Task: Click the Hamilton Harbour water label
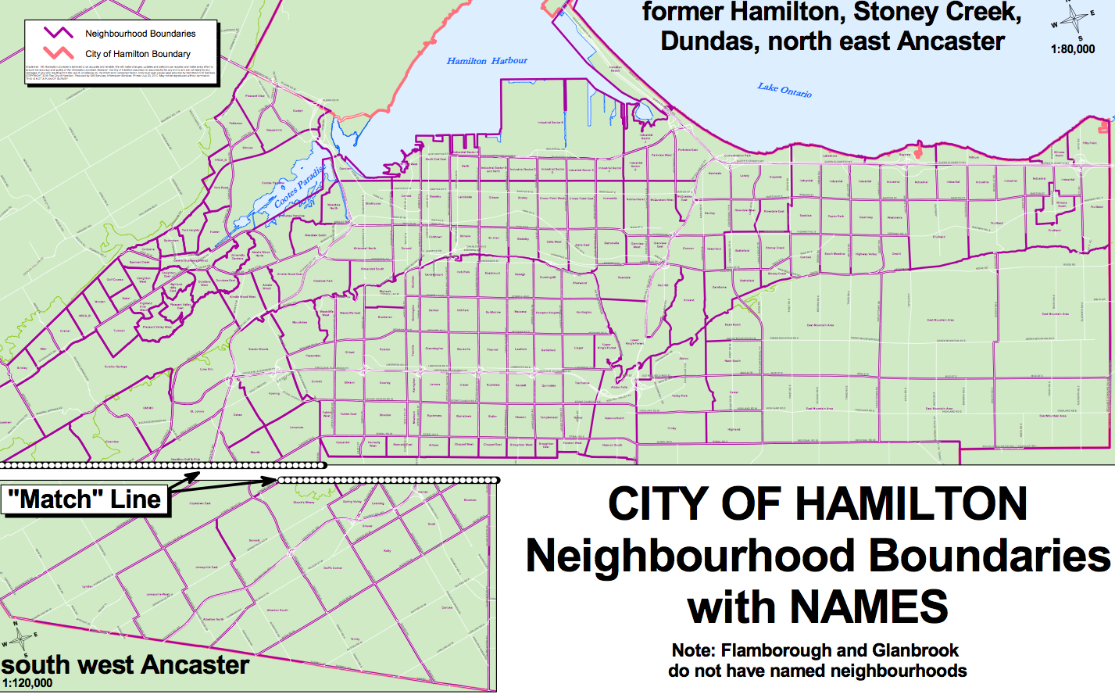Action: point(487,61)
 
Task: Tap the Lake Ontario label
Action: point(784,90)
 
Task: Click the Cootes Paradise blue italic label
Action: point(300,188)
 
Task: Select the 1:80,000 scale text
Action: point(1073,49)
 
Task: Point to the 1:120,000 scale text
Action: point(27,683)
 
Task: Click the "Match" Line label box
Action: point(86,499)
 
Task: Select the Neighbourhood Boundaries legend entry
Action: point(140,34)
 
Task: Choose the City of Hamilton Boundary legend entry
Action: point(138,54)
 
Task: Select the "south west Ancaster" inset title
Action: point(125,665)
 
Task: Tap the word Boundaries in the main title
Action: point(988,556)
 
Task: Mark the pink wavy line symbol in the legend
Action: point(59,53)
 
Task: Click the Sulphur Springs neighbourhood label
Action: point(116,367)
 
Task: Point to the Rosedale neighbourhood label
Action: point(624,278)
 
